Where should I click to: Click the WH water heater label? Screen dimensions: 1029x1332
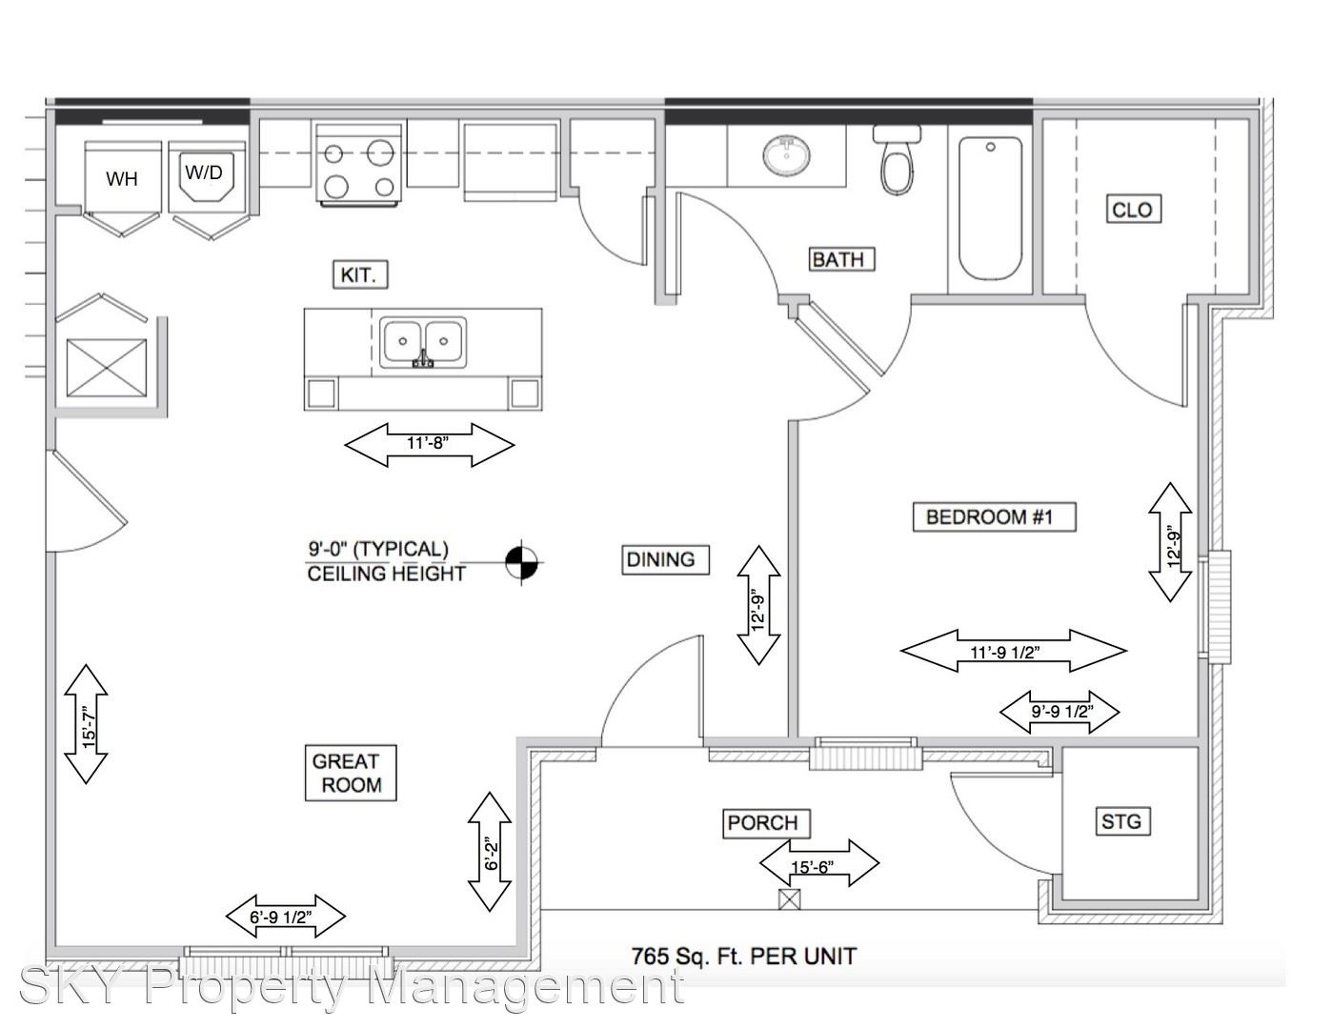(x=121, y=178)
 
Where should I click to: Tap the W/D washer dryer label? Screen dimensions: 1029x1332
(x=204, y=172)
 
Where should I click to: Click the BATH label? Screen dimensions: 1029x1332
(x=838, y=258)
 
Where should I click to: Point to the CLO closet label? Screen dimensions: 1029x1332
(x=1132, y=209)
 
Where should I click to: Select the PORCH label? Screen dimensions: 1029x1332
(x=763, y=822)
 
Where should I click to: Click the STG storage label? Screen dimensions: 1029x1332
(x=1120, y=820)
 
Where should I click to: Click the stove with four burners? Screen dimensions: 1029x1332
(x=357, y=164)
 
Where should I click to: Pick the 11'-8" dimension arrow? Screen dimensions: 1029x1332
(x=429, y=444)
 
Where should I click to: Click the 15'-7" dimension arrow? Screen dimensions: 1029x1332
(x=86, y=724)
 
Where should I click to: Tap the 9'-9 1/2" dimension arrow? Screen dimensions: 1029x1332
(x=1060, y=711)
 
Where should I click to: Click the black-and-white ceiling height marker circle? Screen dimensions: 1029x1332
(x=521, y=562)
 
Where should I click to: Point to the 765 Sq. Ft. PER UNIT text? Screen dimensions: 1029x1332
(x=743, y=956)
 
